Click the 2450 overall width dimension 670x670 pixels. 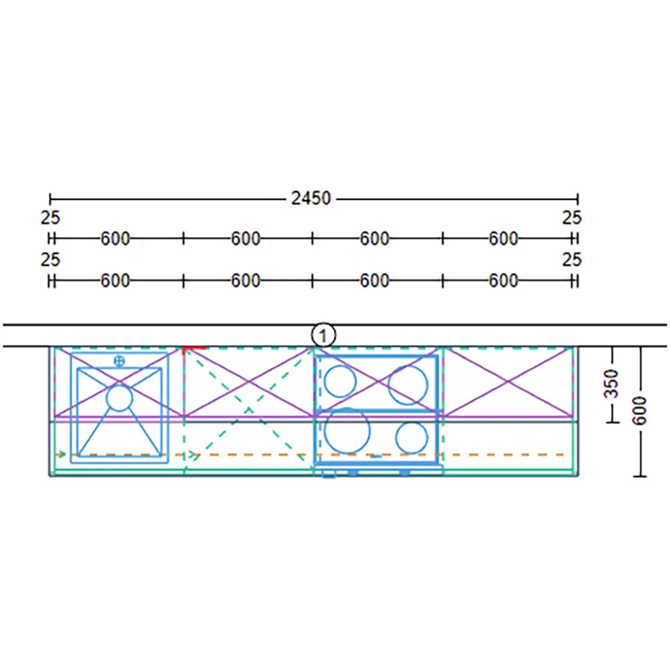(311, 198)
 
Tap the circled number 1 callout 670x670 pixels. (323, 336)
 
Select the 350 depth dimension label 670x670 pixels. (612, 384)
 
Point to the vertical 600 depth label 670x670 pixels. (639, 411)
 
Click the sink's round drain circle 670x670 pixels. (119, 398)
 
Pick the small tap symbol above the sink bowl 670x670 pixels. (119, 362)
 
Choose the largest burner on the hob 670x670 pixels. (347, 430)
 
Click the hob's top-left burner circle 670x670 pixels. (340, 381)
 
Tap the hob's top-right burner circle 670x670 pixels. (408, 385)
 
